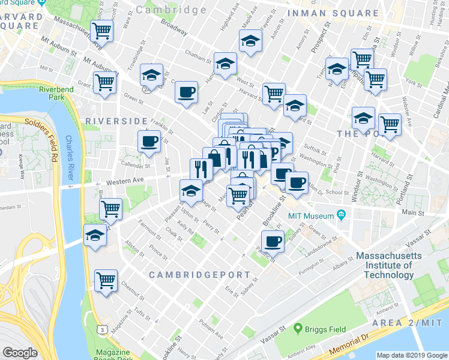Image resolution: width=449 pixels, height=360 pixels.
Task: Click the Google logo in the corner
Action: click(20, 353)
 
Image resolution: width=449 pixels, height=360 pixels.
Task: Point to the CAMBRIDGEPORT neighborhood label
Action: click(199, 274)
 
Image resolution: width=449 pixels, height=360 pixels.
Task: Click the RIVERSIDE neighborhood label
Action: click(116, 121)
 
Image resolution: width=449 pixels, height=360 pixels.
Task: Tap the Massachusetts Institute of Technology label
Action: click(393, 265)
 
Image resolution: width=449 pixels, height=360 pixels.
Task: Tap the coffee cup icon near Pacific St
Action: click(273, 242)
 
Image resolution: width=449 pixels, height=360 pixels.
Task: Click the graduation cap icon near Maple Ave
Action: click(250, 41)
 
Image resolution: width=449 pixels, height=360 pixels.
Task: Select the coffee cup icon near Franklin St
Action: click(148, 142)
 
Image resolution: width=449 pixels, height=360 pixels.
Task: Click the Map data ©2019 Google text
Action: click(412, 355)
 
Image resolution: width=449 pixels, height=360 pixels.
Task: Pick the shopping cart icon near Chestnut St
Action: click(106, 280)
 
